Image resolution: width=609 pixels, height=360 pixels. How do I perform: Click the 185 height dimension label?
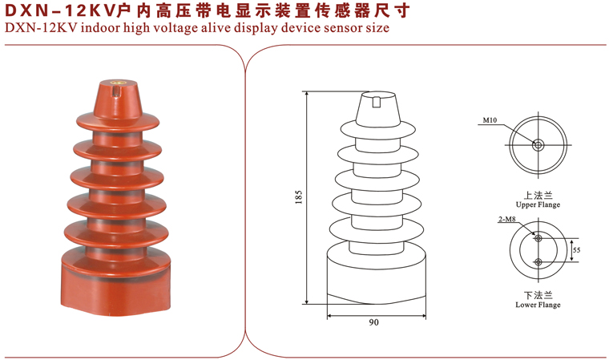[298, 197]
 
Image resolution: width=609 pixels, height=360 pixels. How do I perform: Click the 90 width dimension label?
[373, 322]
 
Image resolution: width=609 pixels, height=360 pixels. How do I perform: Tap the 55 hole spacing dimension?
[577, 250]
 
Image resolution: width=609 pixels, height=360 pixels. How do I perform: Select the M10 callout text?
[490, 120]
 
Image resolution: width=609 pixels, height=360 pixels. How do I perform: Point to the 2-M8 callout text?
[507, 219]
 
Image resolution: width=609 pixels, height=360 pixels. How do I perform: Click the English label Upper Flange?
[538, 204]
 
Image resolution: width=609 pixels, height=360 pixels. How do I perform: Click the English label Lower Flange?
[538, 305]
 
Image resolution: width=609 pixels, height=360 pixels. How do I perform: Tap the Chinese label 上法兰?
[538, 195]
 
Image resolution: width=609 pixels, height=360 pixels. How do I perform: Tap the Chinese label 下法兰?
[538, 295]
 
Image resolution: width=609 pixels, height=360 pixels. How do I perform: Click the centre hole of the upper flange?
[538, 145]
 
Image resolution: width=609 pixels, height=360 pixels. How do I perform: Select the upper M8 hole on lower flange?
[538, 238]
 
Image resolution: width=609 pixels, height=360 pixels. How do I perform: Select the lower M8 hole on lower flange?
[538, 262]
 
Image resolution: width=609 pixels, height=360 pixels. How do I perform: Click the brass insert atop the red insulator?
[116, 83]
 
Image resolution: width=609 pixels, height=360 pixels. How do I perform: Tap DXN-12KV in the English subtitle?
[41, 28]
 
